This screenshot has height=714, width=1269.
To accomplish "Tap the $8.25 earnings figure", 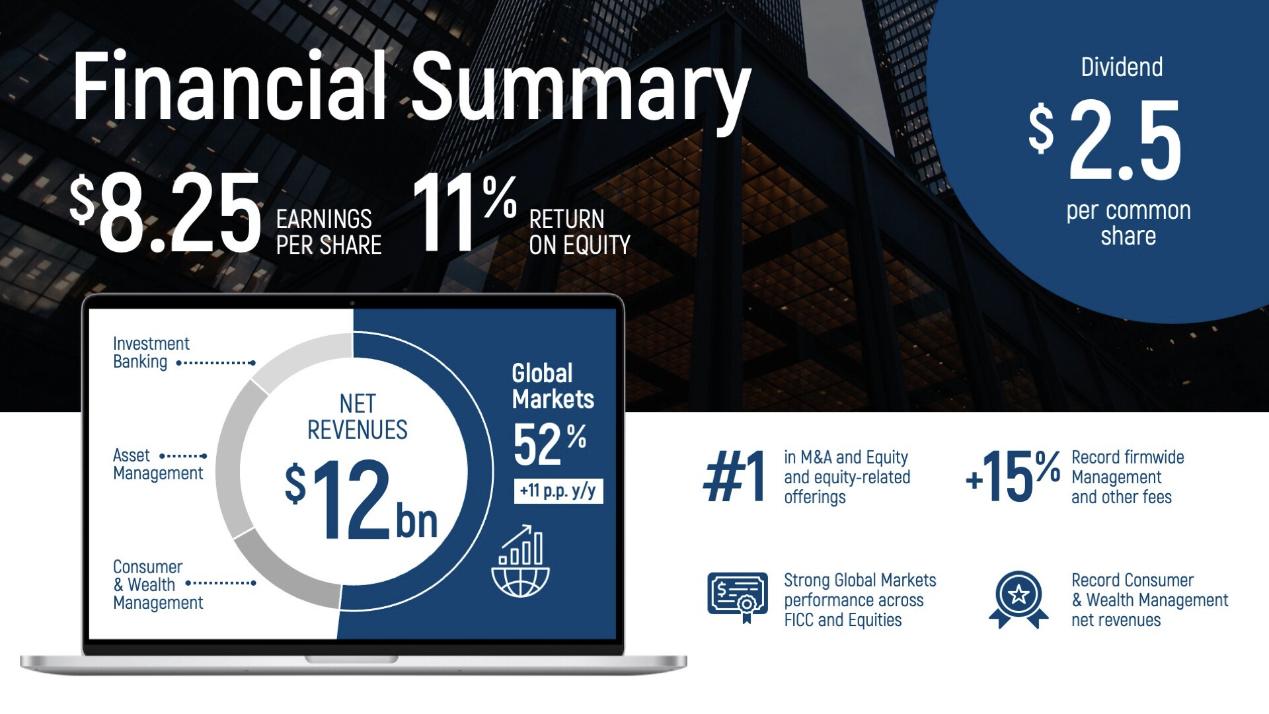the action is [166, 213].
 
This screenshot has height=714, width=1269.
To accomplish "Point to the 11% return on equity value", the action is [465, 213].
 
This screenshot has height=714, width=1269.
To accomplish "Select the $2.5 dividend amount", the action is [1104, 141].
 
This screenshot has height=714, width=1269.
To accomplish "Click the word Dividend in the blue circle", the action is [1122, 67].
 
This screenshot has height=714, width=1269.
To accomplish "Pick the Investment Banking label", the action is [151, 352].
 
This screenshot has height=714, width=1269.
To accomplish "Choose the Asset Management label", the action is [158, 464].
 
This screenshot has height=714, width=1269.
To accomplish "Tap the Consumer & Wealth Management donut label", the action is [158, 584].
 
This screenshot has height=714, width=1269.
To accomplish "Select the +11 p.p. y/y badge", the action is [558, 491].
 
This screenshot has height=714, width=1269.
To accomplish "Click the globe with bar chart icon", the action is [521, 561].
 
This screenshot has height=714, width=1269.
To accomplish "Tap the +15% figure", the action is [1013, 475].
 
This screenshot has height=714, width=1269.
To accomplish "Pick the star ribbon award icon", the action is [1019, 599].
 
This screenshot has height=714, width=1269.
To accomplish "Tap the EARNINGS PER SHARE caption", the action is [328, 231].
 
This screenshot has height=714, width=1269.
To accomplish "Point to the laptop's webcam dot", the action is [352, 303].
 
